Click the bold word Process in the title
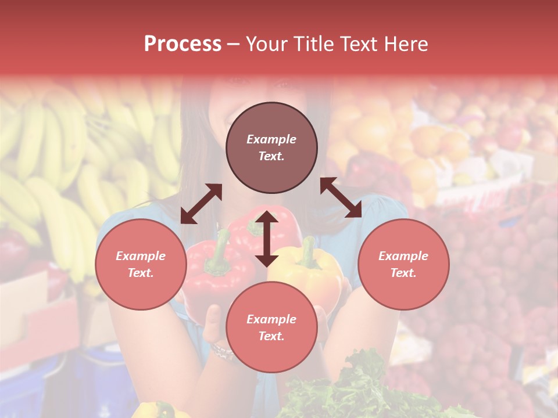(x=183, y=44)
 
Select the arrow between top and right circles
(x=341, y=197)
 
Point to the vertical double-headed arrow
(x=267, y=239)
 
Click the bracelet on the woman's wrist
(x=221, y=351)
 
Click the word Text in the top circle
(x=271, y=157)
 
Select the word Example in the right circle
(x=403, y=256)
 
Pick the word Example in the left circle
(x=141, y=256)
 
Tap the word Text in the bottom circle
(x=271, y=336)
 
